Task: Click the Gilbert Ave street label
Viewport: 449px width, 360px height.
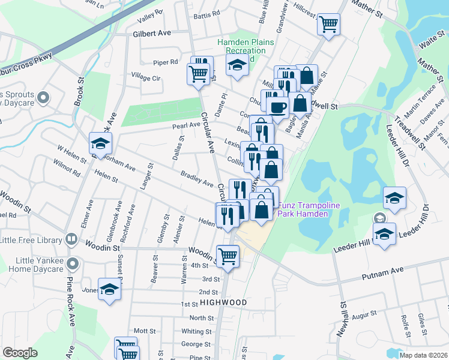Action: click(x=152, y=34)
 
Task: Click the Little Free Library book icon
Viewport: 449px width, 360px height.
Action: click(x=71, y=240)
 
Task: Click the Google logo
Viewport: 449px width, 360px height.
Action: click(x=20, y=353)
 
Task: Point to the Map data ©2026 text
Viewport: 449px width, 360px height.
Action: click(x=423, y=355)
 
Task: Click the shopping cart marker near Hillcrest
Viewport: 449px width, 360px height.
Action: click(x=328, y=25)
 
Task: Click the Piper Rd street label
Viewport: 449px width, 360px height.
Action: click(x=166, y=62)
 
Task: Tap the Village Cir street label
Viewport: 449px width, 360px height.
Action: click(x=146, y=78)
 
